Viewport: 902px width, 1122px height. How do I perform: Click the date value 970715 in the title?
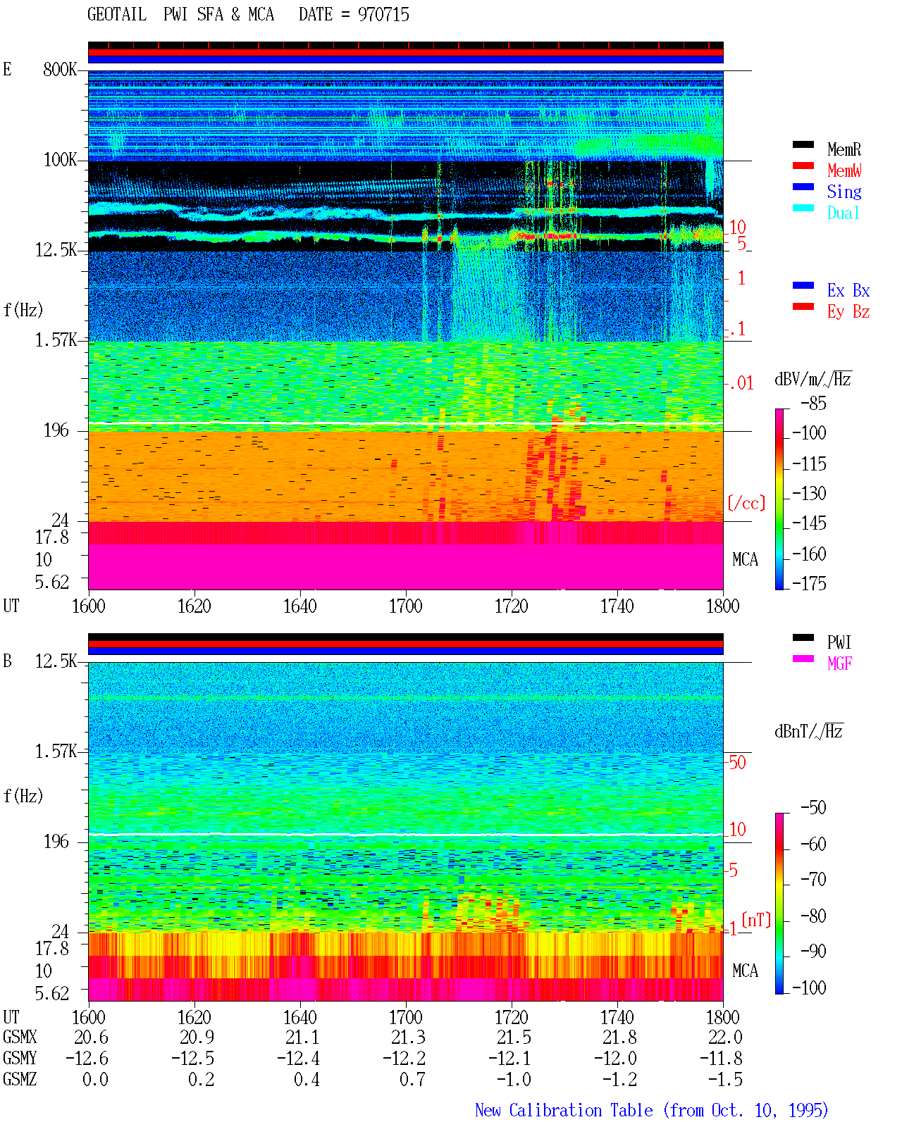(383, 14)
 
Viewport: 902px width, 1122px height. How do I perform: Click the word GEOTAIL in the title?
(117, 14)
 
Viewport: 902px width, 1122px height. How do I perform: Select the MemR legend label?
(844, 149)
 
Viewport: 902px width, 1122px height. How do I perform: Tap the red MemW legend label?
(844, 170)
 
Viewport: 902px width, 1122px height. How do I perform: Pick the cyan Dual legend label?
(843, 213)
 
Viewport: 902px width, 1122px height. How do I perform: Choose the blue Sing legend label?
(844, 192)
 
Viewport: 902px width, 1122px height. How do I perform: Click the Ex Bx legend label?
(848, 290)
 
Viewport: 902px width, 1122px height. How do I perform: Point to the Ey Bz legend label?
(848, 312)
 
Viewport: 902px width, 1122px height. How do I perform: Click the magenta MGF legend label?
(839, 663)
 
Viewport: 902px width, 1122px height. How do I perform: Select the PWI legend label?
(839, 642)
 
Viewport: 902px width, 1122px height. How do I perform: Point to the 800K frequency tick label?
(60, 69)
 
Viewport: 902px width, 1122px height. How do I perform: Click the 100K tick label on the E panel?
(60, 160)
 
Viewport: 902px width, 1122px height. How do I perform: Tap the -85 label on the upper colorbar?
(813, 403)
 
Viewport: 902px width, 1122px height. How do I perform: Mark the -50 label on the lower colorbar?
(813, 807)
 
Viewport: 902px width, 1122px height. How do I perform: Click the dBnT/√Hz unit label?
(809, 731)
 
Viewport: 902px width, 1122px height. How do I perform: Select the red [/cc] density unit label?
(746, 503)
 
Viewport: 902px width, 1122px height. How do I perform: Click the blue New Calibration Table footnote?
(651, 1111)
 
